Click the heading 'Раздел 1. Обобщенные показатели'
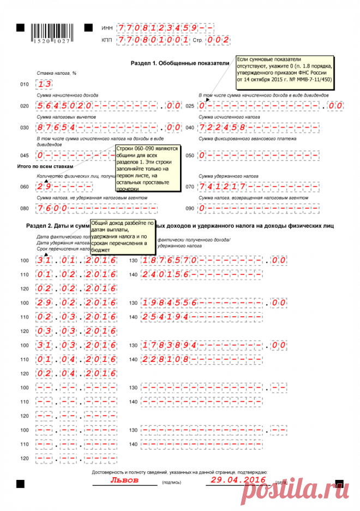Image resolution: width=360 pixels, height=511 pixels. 180,64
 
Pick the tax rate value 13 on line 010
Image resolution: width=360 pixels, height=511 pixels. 44,85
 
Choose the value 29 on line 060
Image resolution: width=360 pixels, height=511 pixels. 44,187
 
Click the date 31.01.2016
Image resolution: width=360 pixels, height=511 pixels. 76,260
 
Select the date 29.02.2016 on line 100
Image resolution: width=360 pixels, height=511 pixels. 76,302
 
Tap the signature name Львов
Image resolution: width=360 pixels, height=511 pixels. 125,480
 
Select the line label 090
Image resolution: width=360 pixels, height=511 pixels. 189,209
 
